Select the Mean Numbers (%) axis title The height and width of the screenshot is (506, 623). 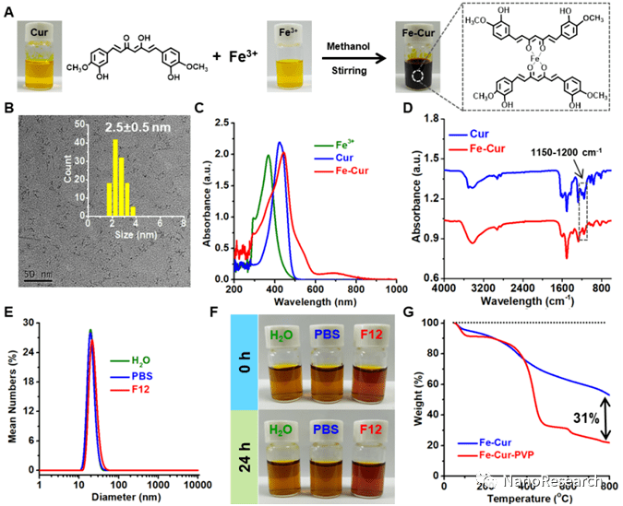[x=12, y=394]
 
